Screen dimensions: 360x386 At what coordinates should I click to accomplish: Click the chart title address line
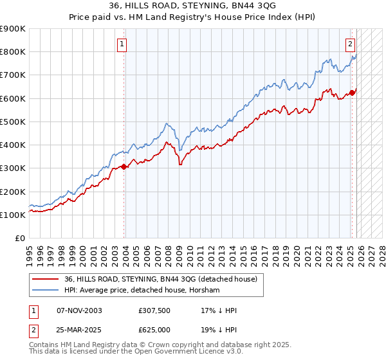(192, 6)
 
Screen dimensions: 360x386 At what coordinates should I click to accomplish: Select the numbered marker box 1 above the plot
(122, 44)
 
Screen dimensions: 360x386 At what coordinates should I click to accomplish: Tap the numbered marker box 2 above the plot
(350, 44)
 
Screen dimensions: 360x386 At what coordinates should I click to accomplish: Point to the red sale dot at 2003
(125, 166)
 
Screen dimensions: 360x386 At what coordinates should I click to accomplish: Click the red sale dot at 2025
(353, 93)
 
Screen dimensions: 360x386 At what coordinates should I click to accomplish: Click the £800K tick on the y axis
(13, 52)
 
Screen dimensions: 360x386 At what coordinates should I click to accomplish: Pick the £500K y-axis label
(13, 122)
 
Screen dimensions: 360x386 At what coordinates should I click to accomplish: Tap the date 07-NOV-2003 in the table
(79, 310)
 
